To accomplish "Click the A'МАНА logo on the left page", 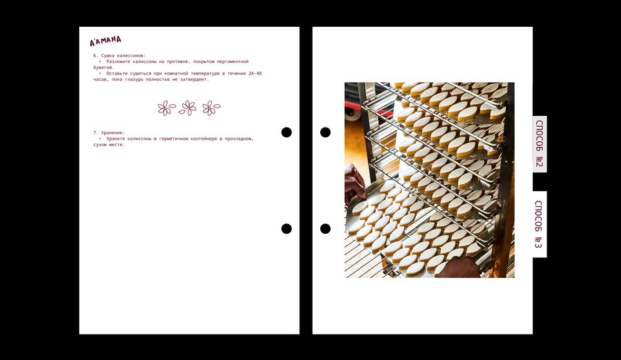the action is tap(106, 41).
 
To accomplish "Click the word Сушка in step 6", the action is tap(108, 56).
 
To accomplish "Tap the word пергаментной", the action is tap(233, 62).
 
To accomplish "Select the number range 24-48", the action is tap(255, 73).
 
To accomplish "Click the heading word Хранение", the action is tap(113, 133).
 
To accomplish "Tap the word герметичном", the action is tap(174, 139).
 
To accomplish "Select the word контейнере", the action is tap(204, 139).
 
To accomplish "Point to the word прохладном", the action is tap(239, 139).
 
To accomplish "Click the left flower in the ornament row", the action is tap(166, 108).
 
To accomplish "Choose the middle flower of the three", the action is tap(188, 108).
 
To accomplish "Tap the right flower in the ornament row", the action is tap(211, 108).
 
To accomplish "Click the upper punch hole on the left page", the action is tap(286, 132).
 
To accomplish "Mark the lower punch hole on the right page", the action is tap(325, 228).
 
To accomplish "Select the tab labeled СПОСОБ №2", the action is tap(540, 144).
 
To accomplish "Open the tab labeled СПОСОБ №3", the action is tap(540, 225).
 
